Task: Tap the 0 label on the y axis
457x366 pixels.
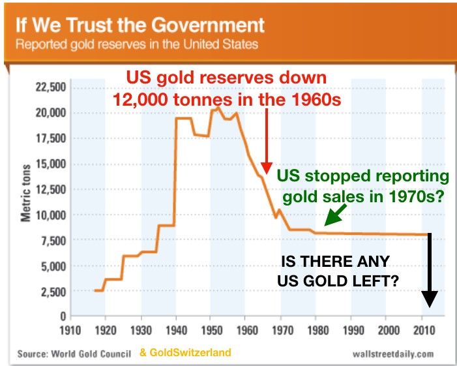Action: tap(62, 316)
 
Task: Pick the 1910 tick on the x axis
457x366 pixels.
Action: tap(69, 329)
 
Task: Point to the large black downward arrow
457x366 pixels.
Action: tap(429, 271)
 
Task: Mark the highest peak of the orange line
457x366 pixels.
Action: tap(217, 105)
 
